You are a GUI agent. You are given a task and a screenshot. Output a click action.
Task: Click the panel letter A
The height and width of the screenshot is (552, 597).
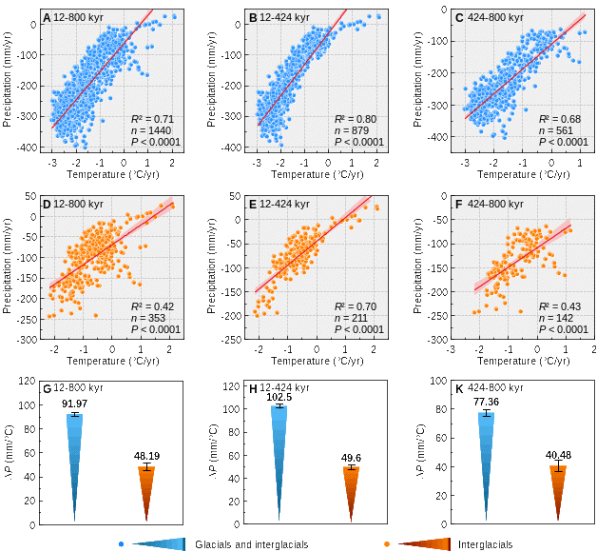coord(47,18)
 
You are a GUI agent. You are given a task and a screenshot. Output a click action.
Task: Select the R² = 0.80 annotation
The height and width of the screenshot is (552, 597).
coord(356,119)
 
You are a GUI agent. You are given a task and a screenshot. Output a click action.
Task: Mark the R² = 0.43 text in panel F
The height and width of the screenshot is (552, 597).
coord(560,306)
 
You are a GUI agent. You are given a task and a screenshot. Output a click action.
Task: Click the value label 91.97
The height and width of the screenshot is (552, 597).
coord(74,404)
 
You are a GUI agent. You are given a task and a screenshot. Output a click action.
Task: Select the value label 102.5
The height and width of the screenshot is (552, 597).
coord(279,397)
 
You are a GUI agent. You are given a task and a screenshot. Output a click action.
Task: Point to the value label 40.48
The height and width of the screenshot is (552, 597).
coord(558,455)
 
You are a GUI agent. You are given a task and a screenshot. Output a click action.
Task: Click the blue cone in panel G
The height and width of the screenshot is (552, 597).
coord(74,457)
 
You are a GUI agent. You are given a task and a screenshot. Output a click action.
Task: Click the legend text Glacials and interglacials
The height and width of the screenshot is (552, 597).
coord(244,544)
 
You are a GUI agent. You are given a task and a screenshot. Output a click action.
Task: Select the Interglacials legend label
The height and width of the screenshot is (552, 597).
coord(486,544)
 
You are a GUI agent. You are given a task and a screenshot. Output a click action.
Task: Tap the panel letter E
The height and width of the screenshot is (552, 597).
coord(252,204)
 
